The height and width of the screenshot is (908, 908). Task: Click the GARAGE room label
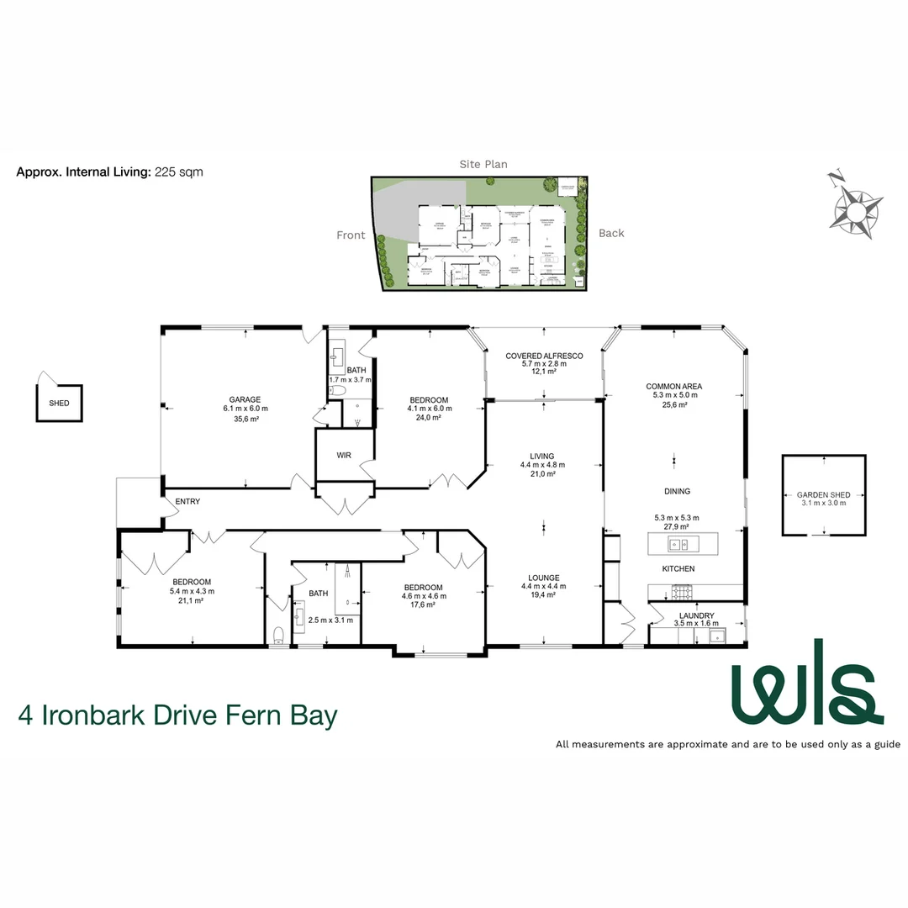tap(245, 399)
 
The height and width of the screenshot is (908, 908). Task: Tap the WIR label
tap(344, 455)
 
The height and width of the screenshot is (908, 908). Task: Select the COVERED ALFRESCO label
tap(544, 356)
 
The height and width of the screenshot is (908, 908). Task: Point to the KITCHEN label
tap(678, 569)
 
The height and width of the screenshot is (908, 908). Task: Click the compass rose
tap(856, 203)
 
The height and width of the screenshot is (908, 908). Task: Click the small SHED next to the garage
tap(59, 402)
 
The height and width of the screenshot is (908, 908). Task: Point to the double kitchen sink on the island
tap(678, 544)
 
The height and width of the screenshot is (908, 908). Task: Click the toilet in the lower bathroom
tap(280, 635)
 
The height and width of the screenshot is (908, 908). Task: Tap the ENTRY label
tap(187, 502)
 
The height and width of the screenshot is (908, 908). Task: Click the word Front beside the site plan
tap(351, 235)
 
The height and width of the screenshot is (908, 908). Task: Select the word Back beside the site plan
tap(611, 233)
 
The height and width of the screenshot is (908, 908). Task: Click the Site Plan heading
tap(483, 165)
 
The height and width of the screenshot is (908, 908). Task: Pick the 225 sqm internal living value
tap(179, 172)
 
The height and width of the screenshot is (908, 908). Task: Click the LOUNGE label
tap(544, 578)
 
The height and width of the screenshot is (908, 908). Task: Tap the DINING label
tap(676, 492)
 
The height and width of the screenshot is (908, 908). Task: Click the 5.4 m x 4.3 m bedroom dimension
tap(192, 591)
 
